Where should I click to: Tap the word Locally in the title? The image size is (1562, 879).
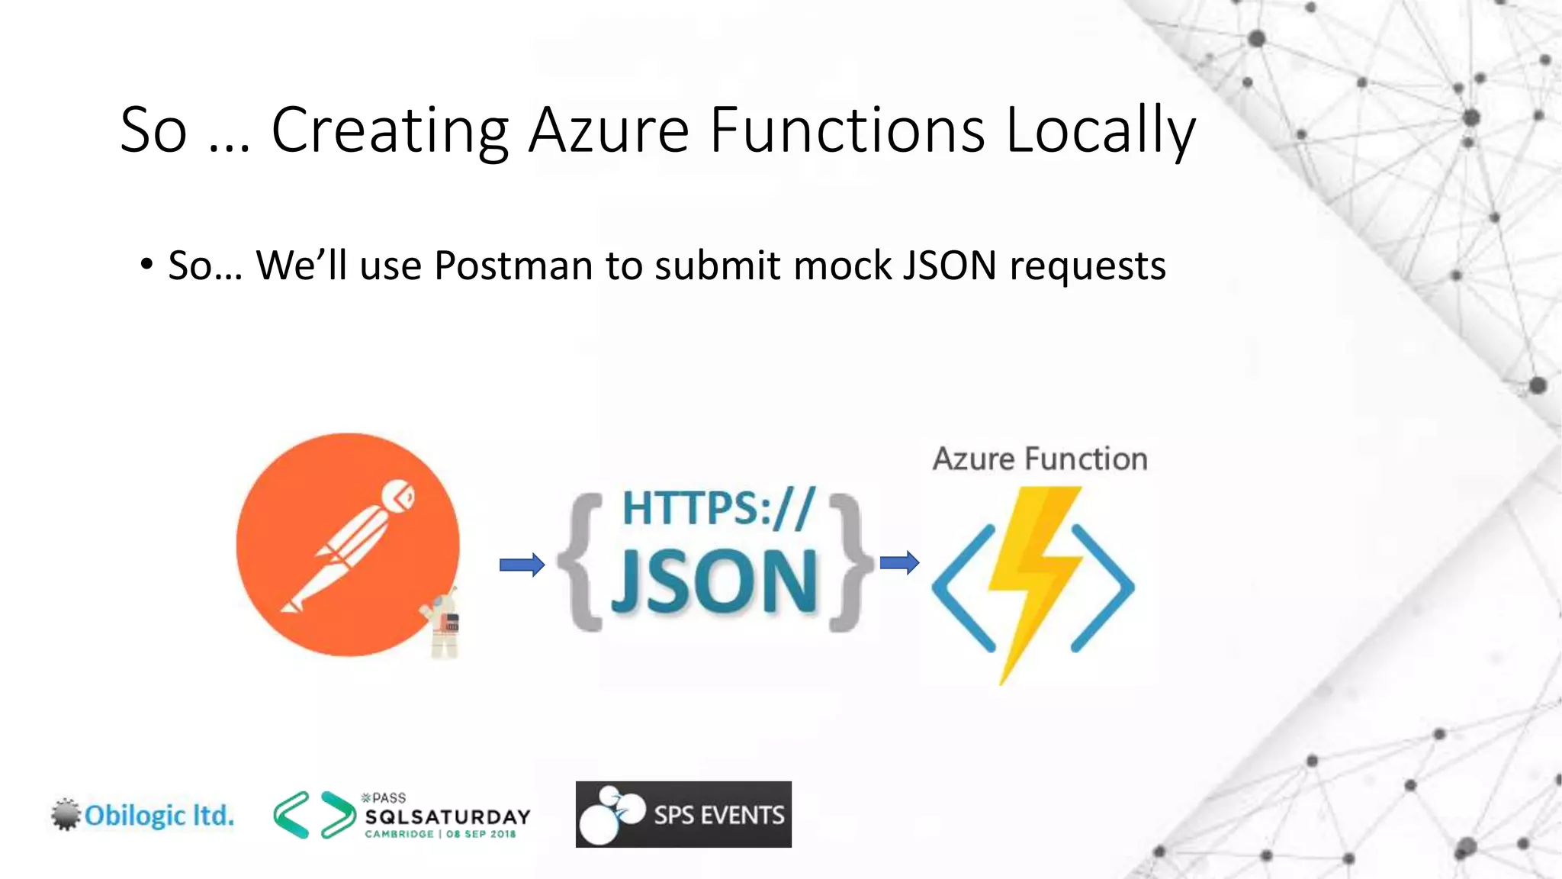tap(1100, 131)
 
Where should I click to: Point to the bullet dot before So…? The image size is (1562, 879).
tap(146, 265)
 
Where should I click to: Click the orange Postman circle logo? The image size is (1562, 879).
tap(347, 544)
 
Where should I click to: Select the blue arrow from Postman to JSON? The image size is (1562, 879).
tap(522, 565)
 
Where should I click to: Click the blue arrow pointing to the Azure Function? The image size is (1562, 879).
tap(899, 563)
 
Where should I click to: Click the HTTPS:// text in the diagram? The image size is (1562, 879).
tap(718, 508)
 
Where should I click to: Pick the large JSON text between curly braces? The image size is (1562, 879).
tap(715, 581)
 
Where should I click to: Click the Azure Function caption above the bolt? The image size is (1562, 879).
tap(1040, 459)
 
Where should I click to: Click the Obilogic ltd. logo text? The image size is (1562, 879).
tap(159, 815)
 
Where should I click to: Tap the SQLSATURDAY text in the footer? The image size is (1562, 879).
tap(447, 816)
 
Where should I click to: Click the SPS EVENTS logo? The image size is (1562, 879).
tap(683, 814)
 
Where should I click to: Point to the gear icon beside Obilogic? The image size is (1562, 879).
tap(66, 814)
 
